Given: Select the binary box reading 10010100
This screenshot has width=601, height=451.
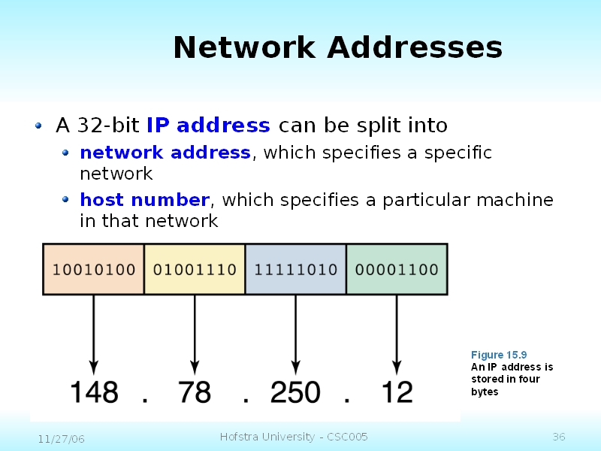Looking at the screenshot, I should (x=94, y=268).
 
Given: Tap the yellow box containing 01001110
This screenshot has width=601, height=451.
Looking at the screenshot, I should (x=195, y=268).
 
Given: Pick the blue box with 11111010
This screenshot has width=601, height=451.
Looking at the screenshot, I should (x=295, y=268).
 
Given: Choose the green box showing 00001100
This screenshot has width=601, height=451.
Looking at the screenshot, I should (x=396, y=268).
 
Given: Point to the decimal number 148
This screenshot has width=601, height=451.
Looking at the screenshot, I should (x=94, y=392).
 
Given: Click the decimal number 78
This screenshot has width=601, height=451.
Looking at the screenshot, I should (x=195, y=392).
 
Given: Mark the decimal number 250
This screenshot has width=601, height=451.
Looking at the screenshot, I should (x=295, y=392).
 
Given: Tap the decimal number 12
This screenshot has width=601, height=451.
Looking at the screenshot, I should (x=397, y=392).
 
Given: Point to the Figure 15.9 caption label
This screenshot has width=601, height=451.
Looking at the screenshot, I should (x=499, y=355).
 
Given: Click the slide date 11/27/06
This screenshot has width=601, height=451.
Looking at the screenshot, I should (x=61, y=438).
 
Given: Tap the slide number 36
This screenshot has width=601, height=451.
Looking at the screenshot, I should (x=558, y=437).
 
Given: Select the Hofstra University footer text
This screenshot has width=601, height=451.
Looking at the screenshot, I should (x=294, y=437).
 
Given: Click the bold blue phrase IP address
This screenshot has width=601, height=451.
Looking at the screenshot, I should (x=208, y=125).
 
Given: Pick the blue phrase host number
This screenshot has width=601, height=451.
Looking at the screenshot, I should (x=144, y=200).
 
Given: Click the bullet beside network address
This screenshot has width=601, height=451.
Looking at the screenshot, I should (x=65, y=153).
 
